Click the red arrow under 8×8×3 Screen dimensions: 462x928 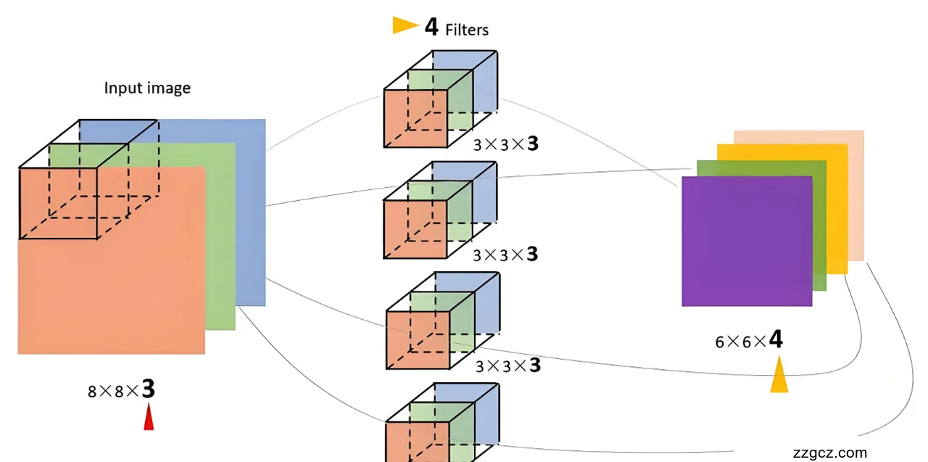(x=149, y=418)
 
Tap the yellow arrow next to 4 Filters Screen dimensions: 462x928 (x=405, y=26)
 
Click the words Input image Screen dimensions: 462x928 (x=147, y=88)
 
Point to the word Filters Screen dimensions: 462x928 (x=467, y=30)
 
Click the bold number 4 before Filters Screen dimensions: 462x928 (x=431, y=27)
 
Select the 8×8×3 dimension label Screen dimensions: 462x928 (x=121, y=390)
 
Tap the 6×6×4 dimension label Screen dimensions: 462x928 (x=749, y=340)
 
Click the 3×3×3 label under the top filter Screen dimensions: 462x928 (x=506, y=144)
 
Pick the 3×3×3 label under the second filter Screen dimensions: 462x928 (x=505, y=255)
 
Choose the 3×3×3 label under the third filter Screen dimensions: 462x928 (x=507, y=365)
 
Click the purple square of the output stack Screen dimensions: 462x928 (x=747, y=241)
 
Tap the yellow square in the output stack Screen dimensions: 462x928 (x=837, y=210)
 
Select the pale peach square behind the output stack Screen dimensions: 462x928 (x=856, y=196)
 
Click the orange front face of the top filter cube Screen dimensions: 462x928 (x=415, y=119)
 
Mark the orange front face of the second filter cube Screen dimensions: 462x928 (x=415, y=229)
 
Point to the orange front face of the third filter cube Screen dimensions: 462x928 (x=416, y=339)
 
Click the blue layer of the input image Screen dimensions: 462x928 (x=251, y=218)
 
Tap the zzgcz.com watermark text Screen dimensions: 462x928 (x=830, y=453)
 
